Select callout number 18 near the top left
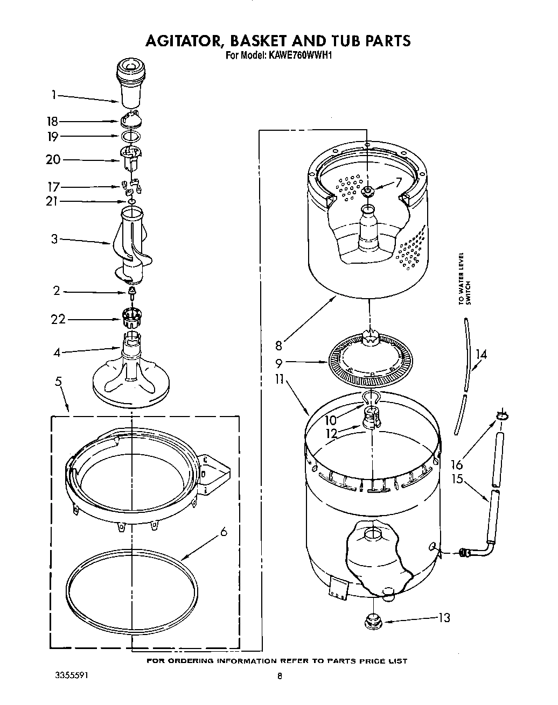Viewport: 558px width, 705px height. pos(52,122)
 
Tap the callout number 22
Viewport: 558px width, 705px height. pos(58,319)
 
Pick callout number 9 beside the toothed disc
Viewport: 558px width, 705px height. pos(279,363)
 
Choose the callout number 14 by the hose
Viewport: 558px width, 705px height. pos(481,354)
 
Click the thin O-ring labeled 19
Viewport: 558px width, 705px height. pos(130,137)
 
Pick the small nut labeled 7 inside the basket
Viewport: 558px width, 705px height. pos(368,192)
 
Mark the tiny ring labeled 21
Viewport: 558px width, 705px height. pos(130,202)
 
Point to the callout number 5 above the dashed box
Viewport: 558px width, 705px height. pos(58,382)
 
